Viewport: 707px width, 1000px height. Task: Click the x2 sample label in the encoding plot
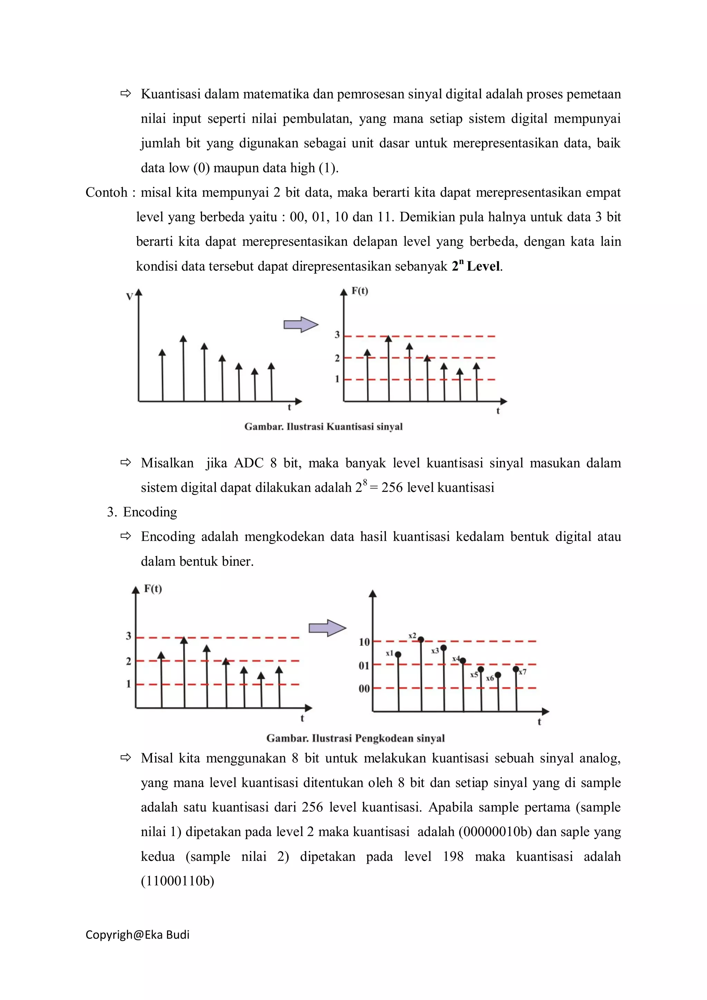pos(412,636)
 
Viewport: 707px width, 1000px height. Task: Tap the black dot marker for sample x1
pos(398,654)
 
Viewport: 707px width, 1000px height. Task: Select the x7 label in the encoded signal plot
pos(523,672)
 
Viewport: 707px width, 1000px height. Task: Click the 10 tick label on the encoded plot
pos(364,642)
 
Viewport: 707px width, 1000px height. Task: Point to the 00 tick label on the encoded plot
pos(364,689)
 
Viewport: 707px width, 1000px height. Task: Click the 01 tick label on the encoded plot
pos(364,666)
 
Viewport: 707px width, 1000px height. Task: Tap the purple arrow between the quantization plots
pos(301,324)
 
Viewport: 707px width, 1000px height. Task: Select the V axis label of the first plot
pos(129,297)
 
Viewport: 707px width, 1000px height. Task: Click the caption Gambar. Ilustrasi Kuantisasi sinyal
pos(323,426)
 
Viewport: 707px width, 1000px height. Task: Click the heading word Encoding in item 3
pos(150,512)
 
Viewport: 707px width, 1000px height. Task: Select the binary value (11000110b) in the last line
pos(177,881)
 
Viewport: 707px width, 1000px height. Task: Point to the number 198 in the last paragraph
pos(453,856)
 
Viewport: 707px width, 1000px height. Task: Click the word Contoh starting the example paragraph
pos(106,192)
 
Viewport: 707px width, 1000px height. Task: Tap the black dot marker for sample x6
pos(498,675)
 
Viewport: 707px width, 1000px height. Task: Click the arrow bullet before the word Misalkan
pos(126,462)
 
